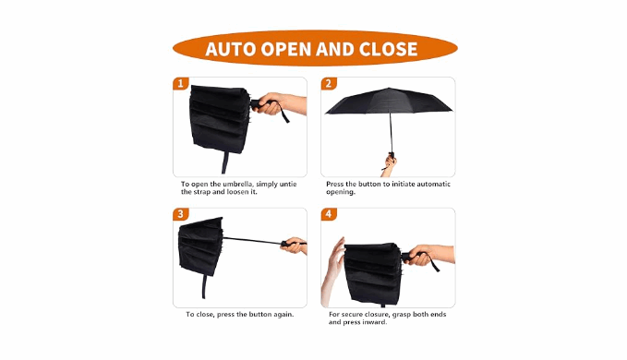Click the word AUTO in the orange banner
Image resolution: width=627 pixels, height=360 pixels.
click(x=230, y=49)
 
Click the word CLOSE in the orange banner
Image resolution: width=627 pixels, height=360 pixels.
click(x=388, y=49)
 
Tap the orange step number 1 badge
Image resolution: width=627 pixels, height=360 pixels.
click(x=180, y=83)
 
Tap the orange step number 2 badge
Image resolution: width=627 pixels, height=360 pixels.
click(x=329, y=83)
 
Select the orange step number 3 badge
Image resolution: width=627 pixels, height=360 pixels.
click(x=180, y=214)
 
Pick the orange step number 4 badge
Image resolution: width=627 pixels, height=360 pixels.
click(x=329, y=214)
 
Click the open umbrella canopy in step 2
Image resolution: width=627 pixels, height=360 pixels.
click(x=389, y=102)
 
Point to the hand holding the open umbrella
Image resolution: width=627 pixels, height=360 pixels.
click(x=390, y=164)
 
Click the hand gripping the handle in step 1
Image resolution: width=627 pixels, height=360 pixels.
click(x=280, y=103)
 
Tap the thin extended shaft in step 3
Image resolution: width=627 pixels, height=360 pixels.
click(x=253, y=241)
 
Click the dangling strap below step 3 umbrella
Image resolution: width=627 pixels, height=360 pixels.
click(x=205, y=286)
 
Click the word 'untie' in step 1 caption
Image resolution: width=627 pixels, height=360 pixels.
click(x=288, y=185)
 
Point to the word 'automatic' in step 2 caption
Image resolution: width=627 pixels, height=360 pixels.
click(x=433, y=185)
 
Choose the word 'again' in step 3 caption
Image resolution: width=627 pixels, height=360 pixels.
click(x=283, y=315)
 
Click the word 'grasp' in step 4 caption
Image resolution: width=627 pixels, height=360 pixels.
click(x=401, y=315)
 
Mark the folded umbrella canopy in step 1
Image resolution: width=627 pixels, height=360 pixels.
click(x=220, y=119)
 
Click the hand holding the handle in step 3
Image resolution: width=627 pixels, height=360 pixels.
click(x=295, y=246)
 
